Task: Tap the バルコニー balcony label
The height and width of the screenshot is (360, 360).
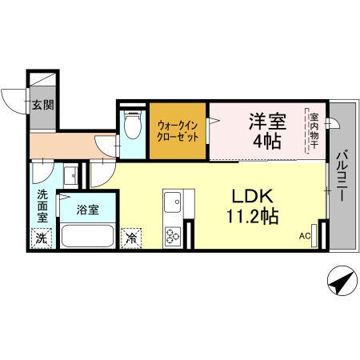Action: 342,176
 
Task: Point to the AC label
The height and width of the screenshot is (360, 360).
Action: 304,236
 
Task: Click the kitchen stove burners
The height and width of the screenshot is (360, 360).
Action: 173,236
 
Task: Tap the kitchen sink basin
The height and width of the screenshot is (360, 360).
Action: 173,202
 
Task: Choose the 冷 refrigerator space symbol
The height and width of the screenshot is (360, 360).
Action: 130,238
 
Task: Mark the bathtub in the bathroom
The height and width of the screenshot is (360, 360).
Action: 87,237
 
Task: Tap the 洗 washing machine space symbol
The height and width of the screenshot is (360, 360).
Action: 41,238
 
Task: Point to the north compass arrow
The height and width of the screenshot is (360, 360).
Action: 339,283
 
